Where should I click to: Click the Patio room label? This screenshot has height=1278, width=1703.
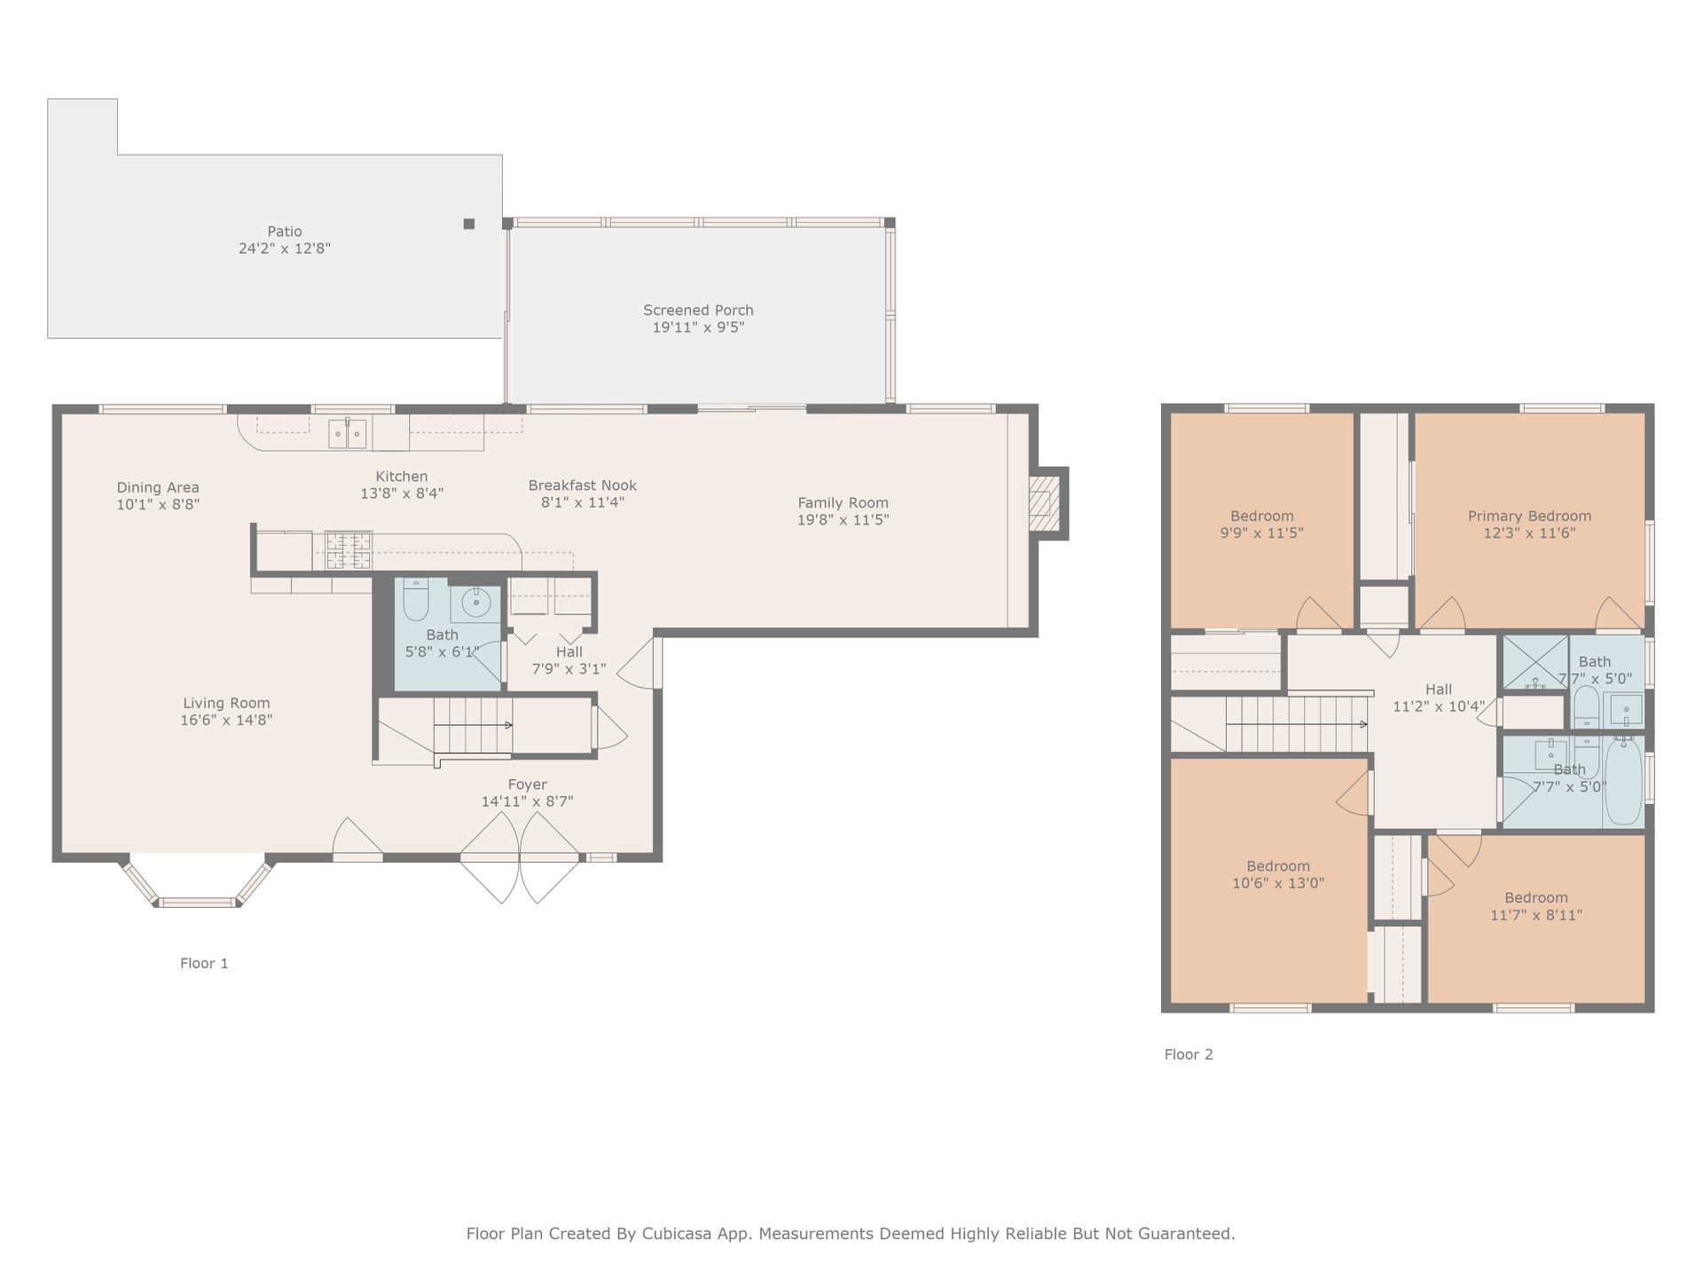285,232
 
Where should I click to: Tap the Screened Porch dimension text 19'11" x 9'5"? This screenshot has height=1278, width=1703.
698,327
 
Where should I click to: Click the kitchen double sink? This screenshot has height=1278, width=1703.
347,434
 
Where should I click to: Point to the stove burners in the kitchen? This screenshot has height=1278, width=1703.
349,549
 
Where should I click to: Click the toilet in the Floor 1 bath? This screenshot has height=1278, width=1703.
415,599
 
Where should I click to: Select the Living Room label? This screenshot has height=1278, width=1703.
226,704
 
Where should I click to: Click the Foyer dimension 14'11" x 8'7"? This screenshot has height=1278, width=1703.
527,801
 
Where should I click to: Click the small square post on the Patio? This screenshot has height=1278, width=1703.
469,224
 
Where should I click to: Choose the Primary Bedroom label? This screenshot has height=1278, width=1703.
1529,517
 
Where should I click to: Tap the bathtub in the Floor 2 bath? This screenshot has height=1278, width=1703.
1623,782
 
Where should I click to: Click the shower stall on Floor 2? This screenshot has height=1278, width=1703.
1534,662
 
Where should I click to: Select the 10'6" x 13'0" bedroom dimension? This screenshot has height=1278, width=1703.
1278,883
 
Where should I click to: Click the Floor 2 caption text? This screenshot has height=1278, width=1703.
1189,1054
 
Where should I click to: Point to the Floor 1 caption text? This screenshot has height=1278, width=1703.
204,963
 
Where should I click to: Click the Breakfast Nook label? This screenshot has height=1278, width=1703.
583,485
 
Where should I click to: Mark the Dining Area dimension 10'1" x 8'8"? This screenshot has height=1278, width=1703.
158,504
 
